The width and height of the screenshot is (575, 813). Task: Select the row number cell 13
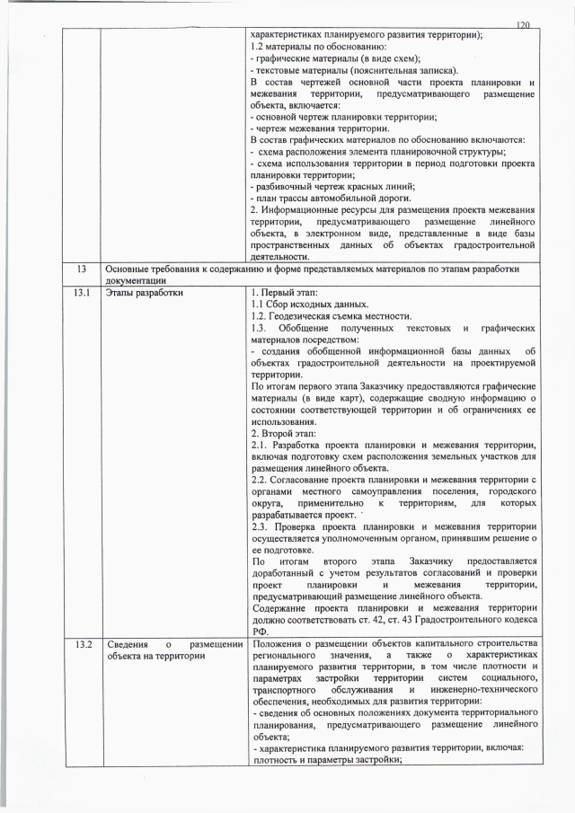point(83,269)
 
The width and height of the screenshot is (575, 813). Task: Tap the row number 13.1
point(84,292)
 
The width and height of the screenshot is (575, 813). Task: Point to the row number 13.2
point(84,643)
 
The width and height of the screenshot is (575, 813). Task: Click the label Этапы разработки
point(144,292)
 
